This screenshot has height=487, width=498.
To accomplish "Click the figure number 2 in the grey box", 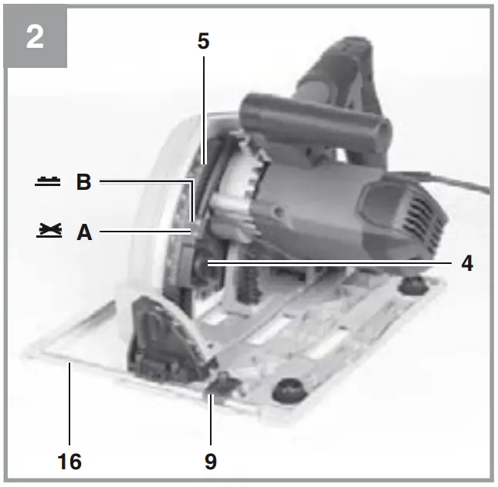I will coord(35,36).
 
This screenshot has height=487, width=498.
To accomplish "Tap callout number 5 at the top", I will coord(203,42).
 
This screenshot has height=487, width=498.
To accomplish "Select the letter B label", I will coord(83,183).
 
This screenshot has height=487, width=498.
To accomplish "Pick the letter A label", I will coord(83,232).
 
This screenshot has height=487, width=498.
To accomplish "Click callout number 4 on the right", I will coord(467,263).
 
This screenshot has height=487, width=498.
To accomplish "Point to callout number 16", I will coord(69,462).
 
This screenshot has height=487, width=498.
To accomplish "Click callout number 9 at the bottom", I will coord(211,462).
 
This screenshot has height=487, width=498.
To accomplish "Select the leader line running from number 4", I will coord(332,263).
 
